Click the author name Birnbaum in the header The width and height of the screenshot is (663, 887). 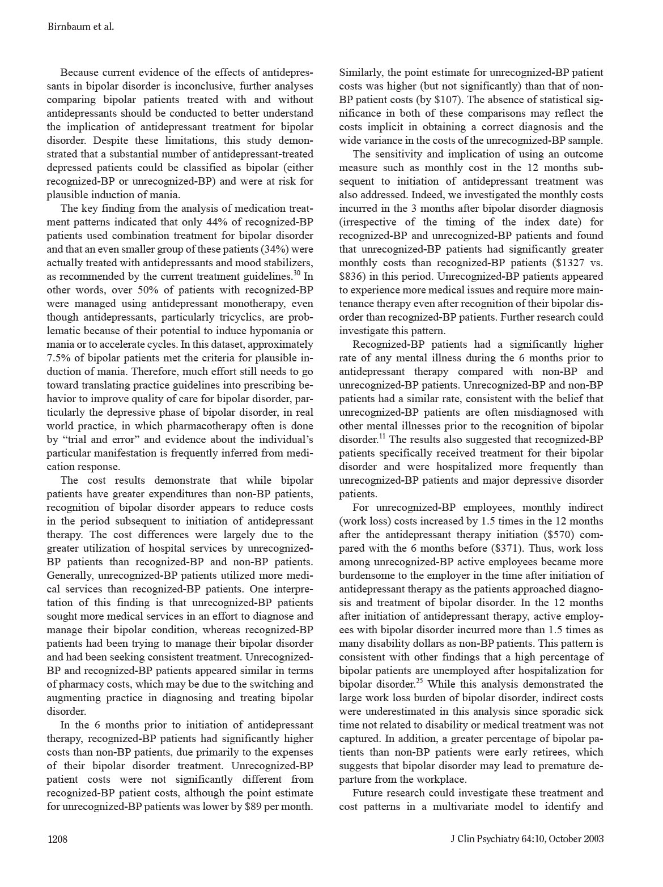[x=67, y=27]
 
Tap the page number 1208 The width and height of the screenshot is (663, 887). [x=57, y=839]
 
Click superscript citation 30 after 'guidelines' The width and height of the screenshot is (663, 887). [x=296, y=274]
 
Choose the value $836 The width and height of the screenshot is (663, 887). [x=352, y=276]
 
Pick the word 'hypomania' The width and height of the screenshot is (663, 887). [x=274, y=331]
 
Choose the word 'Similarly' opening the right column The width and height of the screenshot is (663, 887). [x=360, y=73]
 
